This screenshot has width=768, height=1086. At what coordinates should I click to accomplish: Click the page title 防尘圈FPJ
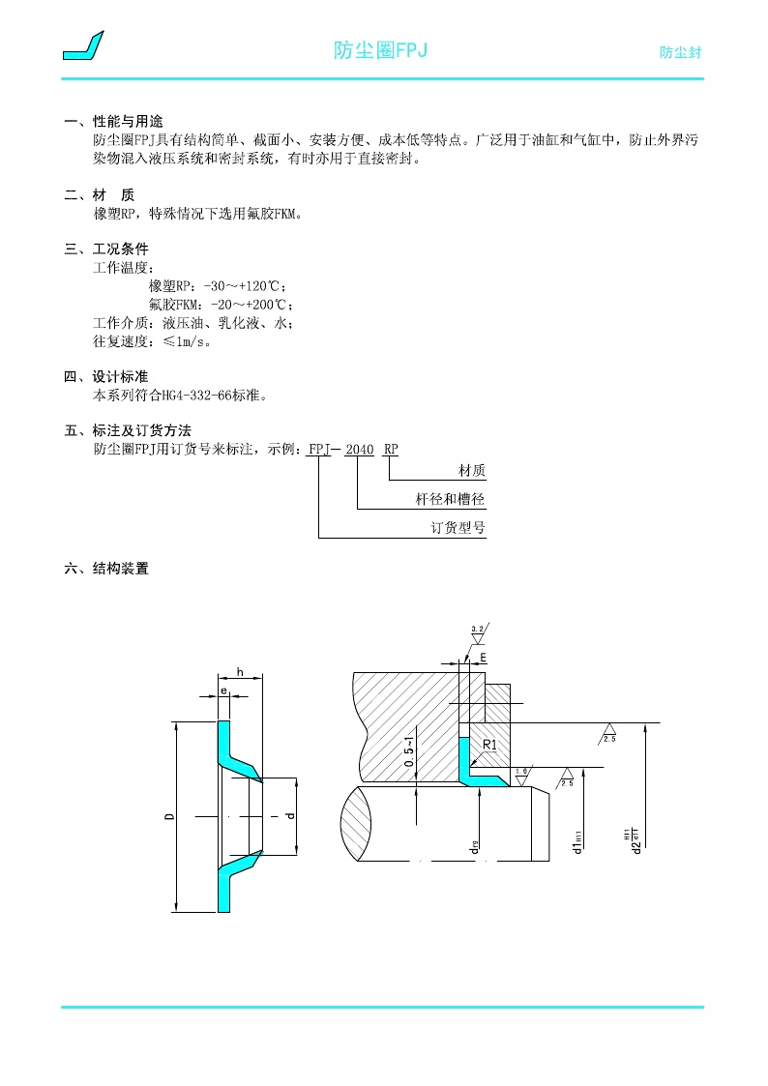(380, 50)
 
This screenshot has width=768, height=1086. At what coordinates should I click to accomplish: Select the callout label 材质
(471, 471)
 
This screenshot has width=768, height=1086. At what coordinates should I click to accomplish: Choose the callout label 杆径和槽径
(450, 500)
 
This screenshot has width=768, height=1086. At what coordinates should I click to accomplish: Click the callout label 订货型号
(458, 528)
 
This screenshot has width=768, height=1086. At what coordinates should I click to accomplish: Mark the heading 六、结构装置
(106, 569)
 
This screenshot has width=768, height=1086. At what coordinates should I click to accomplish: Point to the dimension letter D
(169, 817)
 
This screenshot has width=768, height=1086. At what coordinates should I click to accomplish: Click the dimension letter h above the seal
(239, 672)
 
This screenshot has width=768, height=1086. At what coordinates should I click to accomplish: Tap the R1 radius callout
(489, 745)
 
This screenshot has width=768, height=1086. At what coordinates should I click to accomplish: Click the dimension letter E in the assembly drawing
(483, 657)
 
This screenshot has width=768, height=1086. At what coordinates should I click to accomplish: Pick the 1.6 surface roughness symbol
(521, 773)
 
